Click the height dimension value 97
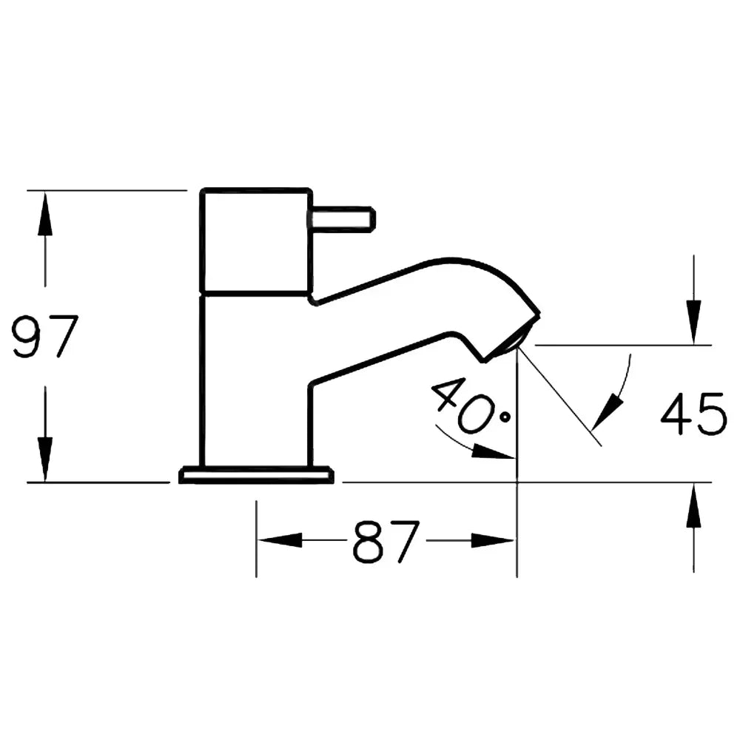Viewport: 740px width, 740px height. pyautogui.click(x=45, y=337)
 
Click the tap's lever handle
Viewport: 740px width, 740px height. pyautogui.click(x=343, y=219)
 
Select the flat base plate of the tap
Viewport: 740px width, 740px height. pyautogui.click(x=256, y=474)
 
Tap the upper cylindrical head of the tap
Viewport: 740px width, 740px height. pyautogui.click(x=255, y=240)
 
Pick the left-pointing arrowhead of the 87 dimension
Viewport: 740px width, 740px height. pyautogui.click(x=279, y=541)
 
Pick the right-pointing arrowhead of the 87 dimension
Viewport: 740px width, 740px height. pyautogui.click(x=492, y=541)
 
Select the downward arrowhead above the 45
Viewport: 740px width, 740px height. pyautogui.click(x=693, y=321)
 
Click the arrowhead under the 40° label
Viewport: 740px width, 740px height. pyautogui.click(x=493, y=451)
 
